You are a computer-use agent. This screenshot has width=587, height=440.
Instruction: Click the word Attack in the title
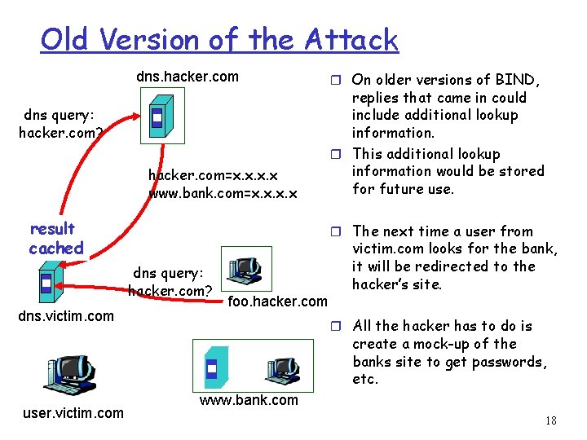coord(351,39)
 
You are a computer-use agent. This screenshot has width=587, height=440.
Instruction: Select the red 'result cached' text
coord(55,239)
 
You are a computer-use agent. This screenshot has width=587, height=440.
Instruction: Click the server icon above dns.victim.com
coord(47,284)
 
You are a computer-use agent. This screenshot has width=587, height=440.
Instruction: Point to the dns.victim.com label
coord(66,316)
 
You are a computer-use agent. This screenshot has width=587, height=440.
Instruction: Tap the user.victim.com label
coord(73,413)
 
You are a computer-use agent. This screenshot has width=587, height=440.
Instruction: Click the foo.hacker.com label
coord(277,301)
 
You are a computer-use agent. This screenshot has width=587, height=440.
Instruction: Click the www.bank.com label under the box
coord(249,400)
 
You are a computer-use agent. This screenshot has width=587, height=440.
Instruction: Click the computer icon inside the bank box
coord(283,370)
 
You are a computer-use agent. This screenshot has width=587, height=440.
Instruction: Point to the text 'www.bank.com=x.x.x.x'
coord(223,194)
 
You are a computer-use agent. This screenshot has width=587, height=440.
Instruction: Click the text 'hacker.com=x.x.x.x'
coord(213,175)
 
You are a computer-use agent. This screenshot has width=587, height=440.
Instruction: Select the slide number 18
coord(551,421)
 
